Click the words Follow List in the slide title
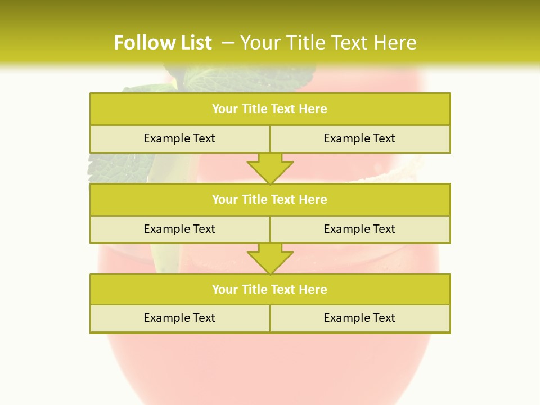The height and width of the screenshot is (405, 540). [163, 43]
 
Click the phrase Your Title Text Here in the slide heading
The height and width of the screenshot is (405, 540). [328, 43]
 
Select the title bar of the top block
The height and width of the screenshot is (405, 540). [270, 109]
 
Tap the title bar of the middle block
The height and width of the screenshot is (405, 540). [270, 200]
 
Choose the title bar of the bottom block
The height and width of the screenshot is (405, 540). [270, 290]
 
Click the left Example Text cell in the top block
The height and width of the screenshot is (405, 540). [179, 139]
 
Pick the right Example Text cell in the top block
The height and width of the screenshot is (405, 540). [359, 139]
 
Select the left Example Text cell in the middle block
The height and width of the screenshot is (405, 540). [179, 229]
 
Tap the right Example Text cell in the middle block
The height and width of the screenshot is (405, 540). [359, 229]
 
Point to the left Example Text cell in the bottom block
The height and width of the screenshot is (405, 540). [179, 318]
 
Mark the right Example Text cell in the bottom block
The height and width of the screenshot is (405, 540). [359, 318]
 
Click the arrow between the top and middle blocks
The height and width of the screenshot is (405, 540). [270, 168]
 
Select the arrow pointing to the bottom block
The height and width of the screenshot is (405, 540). [270, 259]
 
